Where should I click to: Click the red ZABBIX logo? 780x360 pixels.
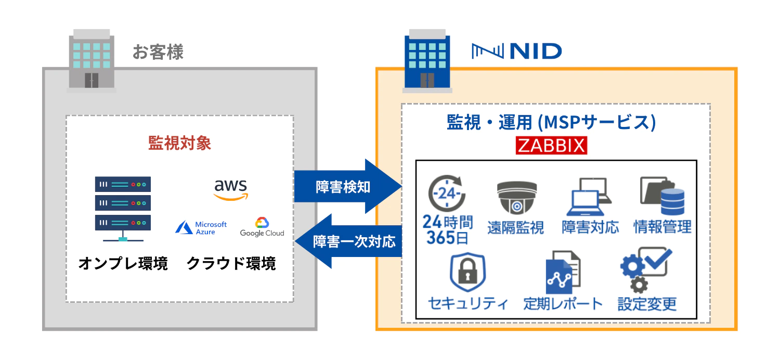pos(551,146)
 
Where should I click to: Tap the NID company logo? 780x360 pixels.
pos(516,51)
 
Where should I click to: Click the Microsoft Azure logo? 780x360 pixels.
pos(201,227)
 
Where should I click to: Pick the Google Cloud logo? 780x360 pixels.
pos(262,227)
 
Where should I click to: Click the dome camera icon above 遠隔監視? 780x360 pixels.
pos(515,198)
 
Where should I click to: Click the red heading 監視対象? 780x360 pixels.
pos(180,143)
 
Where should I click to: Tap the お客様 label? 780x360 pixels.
pos(158,52)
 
